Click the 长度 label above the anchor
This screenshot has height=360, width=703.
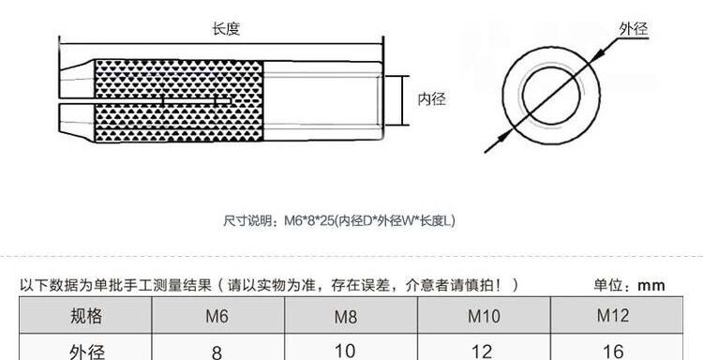coord(226,29)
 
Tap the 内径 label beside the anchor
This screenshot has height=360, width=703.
coord(432,99)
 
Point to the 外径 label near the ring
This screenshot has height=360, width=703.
coord(634,29)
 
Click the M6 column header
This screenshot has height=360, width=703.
coord(217,317)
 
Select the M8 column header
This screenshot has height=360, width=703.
coord(346,318)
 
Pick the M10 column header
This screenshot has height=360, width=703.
coord(484,316)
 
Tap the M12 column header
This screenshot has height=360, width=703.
coord(612,315)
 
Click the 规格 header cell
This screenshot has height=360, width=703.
coord(86,316)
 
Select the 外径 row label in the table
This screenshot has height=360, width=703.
coord(87,352)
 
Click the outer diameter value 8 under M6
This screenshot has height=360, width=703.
coord(217,352)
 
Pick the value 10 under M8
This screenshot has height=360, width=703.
coord(345,351)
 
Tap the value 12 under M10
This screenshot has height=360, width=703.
coord(482,352)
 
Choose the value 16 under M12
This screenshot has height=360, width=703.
coord(613,352)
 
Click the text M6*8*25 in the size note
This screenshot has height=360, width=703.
coord(309,220)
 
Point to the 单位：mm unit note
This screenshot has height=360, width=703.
coord(630,285)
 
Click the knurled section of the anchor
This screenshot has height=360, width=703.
coord(179,101)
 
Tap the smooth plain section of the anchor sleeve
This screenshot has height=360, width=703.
coord(322,101)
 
